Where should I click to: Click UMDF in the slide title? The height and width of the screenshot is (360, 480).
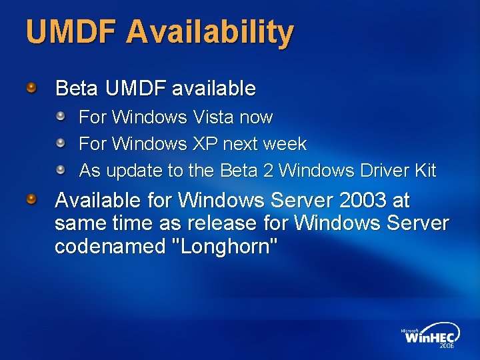tap(71, 32)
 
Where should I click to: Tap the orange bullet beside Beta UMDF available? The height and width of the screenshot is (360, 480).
tap(32, 87)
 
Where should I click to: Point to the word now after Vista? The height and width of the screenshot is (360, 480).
tap(256, 117)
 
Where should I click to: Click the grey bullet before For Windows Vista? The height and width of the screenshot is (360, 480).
tap(61, 117)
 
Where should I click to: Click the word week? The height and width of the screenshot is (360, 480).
tap(285, 144)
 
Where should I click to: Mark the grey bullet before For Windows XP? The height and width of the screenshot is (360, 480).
tap(61, 143)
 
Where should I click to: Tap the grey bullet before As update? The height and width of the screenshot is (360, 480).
tap(61, 170)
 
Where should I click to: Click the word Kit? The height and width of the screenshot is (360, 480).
tap(425, 171)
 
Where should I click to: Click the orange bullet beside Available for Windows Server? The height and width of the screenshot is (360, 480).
tap(32, 199)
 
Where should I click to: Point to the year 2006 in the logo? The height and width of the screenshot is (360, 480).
tap(447, 346)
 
